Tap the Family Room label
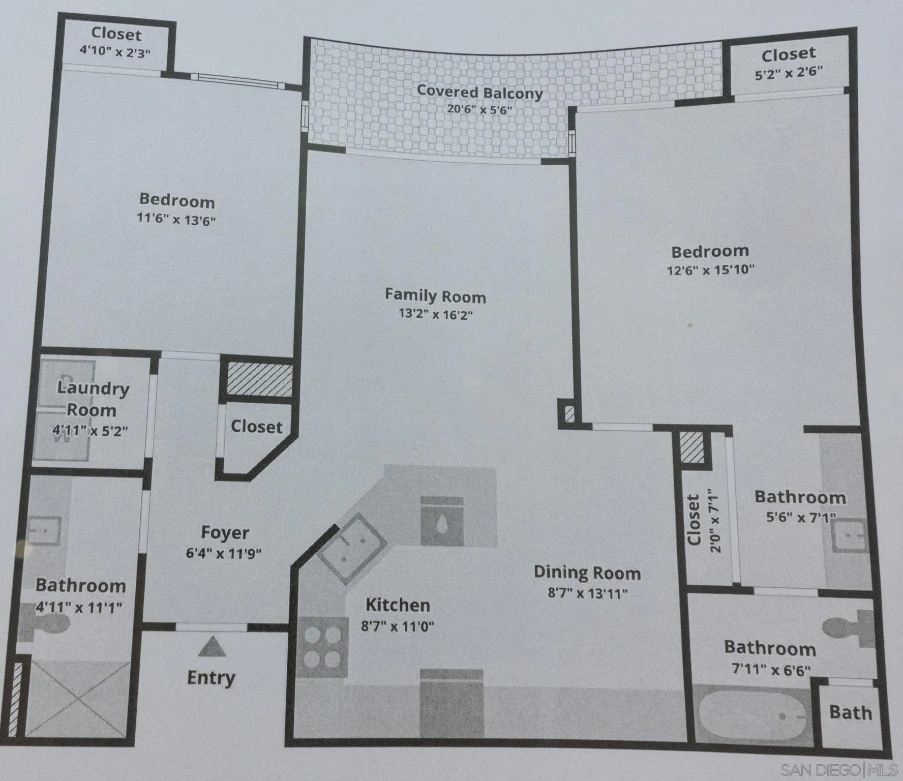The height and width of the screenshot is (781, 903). coord(435,295)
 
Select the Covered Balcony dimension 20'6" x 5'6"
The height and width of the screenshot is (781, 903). coord(479,109)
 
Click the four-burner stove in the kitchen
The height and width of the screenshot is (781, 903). coord(322,648)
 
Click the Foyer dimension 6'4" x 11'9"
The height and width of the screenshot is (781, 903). coord(224,553)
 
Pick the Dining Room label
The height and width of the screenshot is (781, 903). coord(587,573)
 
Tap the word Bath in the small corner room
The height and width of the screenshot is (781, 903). coord(851,712)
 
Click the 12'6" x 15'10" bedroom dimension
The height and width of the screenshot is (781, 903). coord(710,269)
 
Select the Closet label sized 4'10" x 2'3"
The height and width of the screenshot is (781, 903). coord(116,34)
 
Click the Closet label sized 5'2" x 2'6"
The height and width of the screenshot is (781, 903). coord(788,54)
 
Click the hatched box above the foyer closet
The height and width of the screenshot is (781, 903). coord(259,379)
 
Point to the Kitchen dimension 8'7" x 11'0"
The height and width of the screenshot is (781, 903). coord(398,626)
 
